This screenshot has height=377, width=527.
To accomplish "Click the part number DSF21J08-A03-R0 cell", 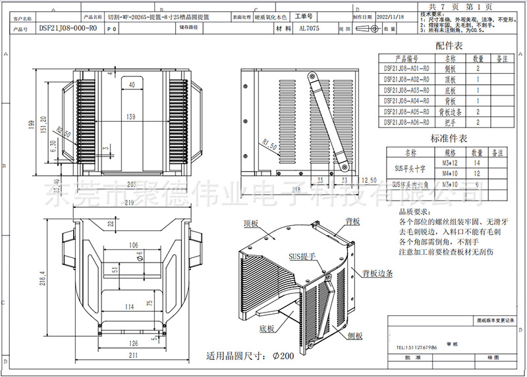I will (x=406, y=90).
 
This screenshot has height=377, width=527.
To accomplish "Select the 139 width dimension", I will (x=131, y=117).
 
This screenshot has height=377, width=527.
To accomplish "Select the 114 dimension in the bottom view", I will (x=130, y=307).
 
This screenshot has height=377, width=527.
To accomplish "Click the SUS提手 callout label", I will (x=300, y=255).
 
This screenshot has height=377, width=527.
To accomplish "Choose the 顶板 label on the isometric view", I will (x=253, y=224).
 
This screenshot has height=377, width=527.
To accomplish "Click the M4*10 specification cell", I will (x=449, y=174).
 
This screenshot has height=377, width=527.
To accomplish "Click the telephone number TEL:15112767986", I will (x=418, y=347).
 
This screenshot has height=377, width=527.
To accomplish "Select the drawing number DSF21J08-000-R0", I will (x=68, y=29).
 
